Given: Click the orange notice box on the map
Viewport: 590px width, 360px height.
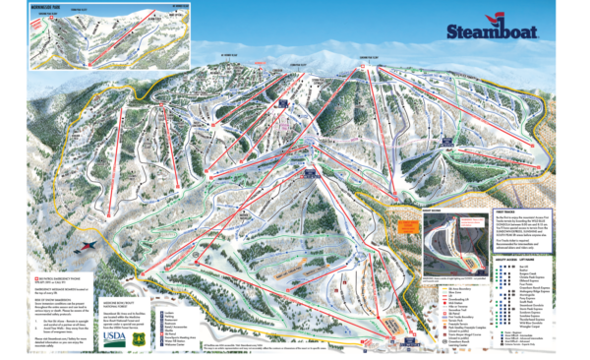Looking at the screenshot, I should pos(401,223).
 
